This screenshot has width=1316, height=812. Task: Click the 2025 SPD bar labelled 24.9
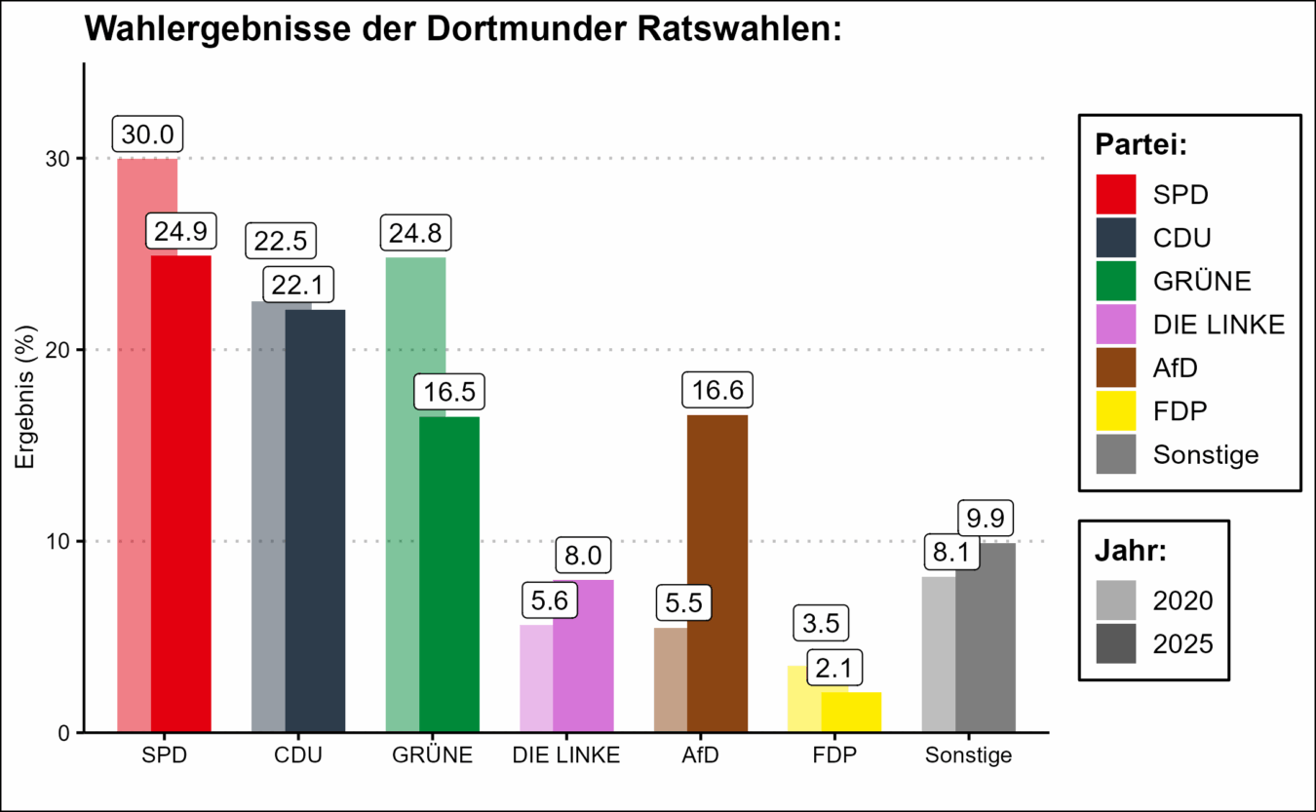pos(181,492)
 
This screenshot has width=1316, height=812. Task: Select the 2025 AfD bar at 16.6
pos(717,573)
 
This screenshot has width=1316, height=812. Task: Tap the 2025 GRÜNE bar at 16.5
pos(449,574)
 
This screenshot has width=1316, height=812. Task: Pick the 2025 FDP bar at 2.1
pos(851,712)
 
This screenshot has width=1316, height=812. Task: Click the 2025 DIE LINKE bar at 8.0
pos(583,655)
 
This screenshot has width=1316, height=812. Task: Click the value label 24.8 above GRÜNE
pos(416,235)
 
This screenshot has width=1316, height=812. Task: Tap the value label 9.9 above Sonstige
pos(986,517)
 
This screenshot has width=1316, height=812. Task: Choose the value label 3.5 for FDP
pos(821,622)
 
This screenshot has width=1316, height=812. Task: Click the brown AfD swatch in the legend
pos(1116,368)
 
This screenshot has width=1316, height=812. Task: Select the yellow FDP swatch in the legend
pos(1116,411)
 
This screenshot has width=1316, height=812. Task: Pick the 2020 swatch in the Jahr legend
pos(1116,599)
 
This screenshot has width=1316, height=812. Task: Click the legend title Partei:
pos(1141,145)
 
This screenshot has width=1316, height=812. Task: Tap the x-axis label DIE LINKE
pos(566,755)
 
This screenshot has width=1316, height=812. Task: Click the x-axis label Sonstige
pos(969,755)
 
